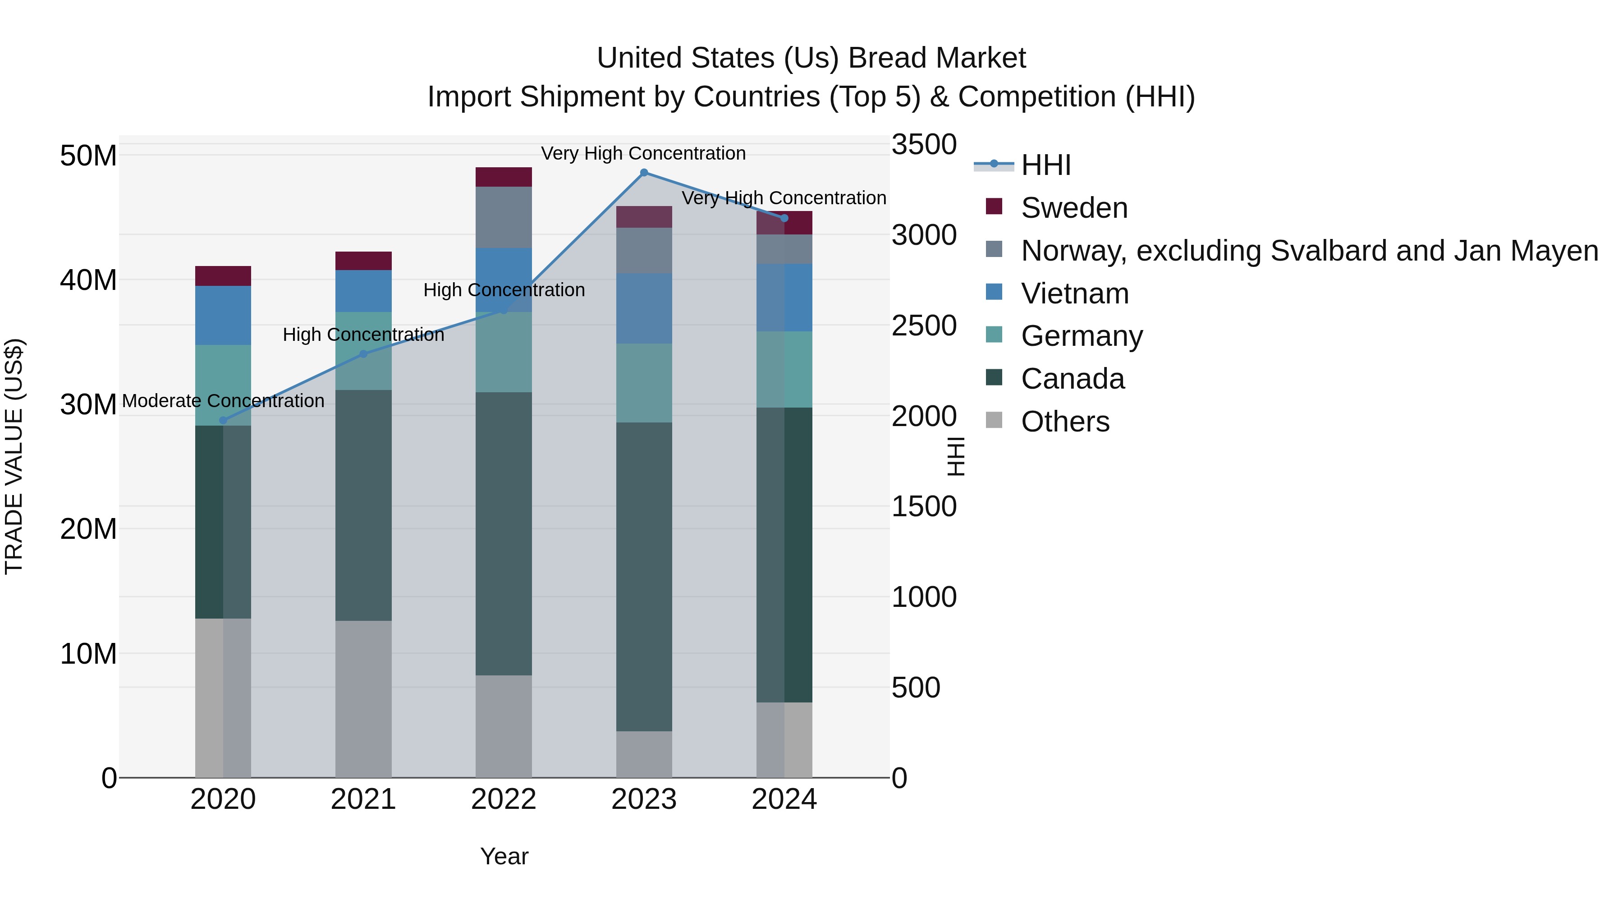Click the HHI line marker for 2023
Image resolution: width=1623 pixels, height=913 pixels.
[643, 173]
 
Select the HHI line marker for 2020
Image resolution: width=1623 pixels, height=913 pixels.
[223, 420]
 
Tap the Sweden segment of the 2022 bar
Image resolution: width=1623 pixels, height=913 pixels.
[504, 177]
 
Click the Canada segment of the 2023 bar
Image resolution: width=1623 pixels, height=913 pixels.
[643, 577]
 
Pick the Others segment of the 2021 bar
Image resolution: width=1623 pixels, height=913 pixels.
[363, 699]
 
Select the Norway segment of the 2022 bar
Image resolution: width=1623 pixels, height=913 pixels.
[504, 217]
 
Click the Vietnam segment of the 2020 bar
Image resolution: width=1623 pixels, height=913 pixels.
[223, 315]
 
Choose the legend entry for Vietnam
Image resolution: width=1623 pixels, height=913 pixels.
[1074, 294]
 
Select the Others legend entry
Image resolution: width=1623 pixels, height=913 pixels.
[1065, 422]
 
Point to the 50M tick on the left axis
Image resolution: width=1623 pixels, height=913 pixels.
[88, 156]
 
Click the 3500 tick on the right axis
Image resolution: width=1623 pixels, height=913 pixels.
[924, 144]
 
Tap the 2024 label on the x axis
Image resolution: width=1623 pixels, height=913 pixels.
[784, 799]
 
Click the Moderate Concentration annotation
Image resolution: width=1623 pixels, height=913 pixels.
[223, 401]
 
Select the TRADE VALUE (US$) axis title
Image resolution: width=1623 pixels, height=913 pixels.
[14, 456]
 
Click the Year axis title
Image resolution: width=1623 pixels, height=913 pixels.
[504, 856]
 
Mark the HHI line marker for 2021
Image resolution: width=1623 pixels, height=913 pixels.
[363, 354]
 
